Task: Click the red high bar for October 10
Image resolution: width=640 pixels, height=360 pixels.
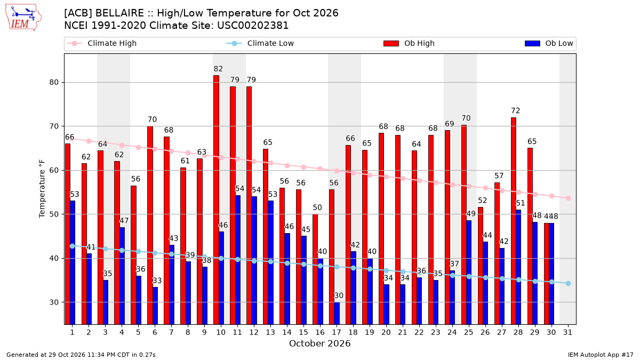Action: point(217,199)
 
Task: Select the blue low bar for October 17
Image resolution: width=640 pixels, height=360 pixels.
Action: point(337,314)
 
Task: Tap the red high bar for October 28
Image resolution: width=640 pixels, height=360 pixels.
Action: point(514,221)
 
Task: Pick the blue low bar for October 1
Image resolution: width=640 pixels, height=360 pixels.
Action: point(73,262)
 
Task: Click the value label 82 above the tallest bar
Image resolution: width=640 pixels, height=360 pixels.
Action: point(218,69)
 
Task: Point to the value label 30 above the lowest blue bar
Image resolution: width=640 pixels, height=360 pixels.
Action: point(339,295)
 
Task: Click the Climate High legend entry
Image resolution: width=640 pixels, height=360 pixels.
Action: point(102,43)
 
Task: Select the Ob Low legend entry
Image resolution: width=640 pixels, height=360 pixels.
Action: point(549,43)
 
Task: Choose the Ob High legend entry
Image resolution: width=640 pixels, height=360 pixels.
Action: point(409,43)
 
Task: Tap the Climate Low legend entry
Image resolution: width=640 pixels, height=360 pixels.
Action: point(260,43)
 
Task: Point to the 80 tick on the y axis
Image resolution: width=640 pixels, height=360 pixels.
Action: point(54,82)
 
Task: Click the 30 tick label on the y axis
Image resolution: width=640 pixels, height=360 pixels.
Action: point(54,302)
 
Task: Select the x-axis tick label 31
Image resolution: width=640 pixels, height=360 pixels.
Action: point(567,332)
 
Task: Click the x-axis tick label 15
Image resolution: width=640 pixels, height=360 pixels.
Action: point(303,332)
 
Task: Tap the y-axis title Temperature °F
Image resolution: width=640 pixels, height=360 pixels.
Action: point(42,189)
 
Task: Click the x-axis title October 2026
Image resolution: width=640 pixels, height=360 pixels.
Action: point(319,343)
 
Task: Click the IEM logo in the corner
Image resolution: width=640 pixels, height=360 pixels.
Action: point(23,18)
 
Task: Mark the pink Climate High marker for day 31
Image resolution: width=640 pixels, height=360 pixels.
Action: point(568,198)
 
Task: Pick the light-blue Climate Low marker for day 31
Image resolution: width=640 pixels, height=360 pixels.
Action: point(568,283)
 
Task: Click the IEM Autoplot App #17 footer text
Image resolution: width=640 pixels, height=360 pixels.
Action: point(601,355)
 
